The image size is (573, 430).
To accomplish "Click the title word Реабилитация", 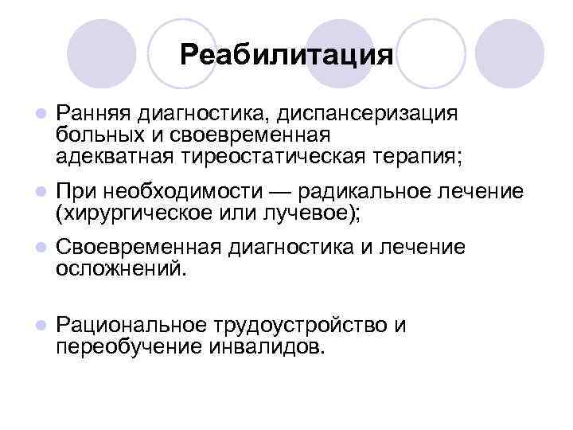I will pyautogui.click(x=286, y=55).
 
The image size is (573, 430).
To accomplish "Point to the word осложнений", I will pyautogui.click(x=119, y=269).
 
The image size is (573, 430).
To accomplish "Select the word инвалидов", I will pyautogui.click(x=267, y=346).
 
